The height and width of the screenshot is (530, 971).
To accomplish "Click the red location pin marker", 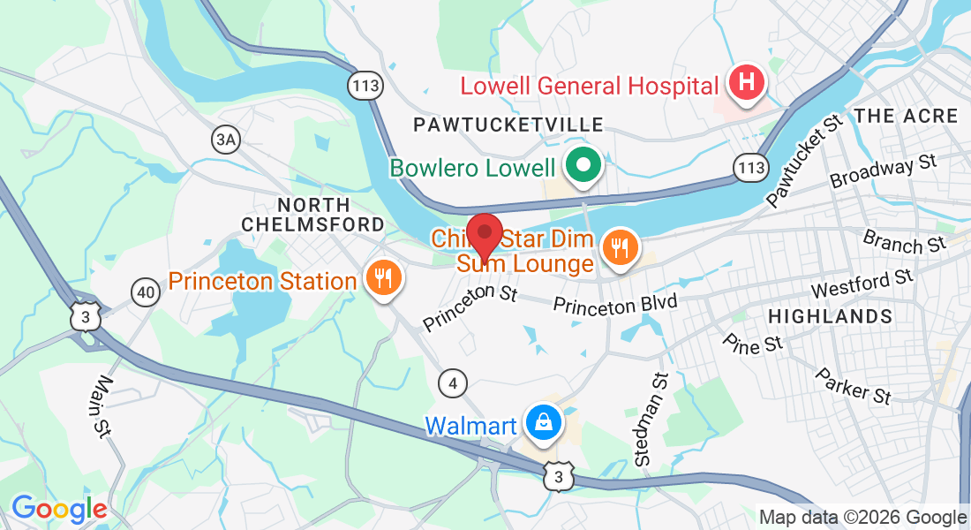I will click(484, 234).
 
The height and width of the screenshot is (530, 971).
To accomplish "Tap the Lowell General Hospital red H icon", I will click(746, 84).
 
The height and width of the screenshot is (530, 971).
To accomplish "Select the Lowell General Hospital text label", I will click(589, 87).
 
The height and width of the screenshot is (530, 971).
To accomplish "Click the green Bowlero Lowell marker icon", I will click(583, 165).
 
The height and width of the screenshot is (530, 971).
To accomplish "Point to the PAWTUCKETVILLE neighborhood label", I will click(508, 125).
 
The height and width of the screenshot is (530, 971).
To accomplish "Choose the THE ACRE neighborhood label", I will click(906, 116).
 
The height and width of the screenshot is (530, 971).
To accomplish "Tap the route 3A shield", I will click(227, 139).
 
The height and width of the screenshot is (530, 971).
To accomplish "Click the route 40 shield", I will click(145, 291).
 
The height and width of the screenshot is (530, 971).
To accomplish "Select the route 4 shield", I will click(453, 382).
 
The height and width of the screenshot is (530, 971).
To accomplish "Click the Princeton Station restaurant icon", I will click(383, 279).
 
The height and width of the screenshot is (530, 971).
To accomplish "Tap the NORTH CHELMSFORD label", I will click(313, 213).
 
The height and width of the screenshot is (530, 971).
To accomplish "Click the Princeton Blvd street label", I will click(614, 305).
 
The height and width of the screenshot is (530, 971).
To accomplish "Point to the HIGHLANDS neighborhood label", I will click(830, 316).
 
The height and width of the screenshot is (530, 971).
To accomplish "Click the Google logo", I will click(59, 509).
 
